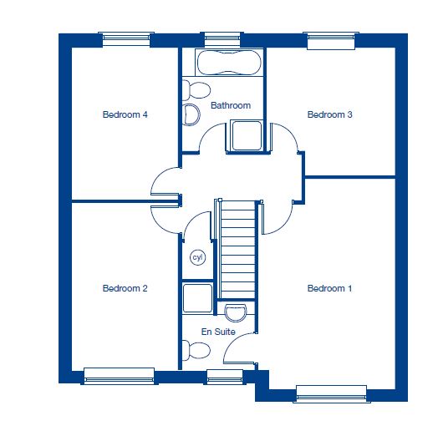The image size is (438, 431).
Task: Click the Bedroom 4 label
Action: (x=125, y=114)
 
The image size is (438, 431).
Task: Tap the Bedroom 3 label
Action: (x=329, y=114)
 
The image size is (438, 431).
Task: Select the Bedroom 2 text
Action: (x=125, y=288)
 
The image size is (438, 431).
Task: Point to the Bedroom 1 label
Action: (x=329, y=288)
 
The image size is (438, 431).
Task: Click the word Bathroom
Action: (x=231, y=105)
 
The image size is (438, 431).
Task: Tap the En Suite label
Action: (x=218, y=332)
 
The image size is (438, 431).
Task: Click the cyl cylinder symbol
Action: (x=198, y=257)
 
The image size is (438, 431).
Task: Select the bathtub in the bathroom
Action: (x=229, y=63)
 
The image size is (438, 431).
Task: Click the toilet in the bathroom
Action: (x=196, y=90)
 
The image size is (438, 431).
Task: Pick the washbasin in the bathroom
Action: (x=191, y=114)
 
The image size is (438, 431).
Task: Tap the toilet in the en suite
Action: (x=196, y=351)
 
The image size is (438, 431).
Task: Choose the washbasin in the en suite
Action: (x=236, y=313)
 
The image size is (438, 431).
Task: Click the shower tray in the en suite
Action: (x=197, y=298)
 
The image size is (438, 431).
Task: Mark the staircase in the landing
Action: (x=237, y=250)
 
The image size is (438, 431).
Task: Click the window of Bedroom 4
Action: (x=126, y=39)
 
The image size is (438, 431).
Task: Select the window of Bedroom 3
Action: (x=331, y=41)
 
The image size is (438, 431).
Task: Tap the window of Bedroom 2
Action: (x=120, y=376)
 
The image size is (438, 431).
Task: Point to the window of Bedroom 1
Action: (x=332, y=394)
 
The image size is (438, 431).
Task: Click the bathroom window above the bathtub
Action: (x=222, y=39)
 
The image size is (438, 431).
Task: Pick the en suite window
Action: (x=225, y=377)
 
